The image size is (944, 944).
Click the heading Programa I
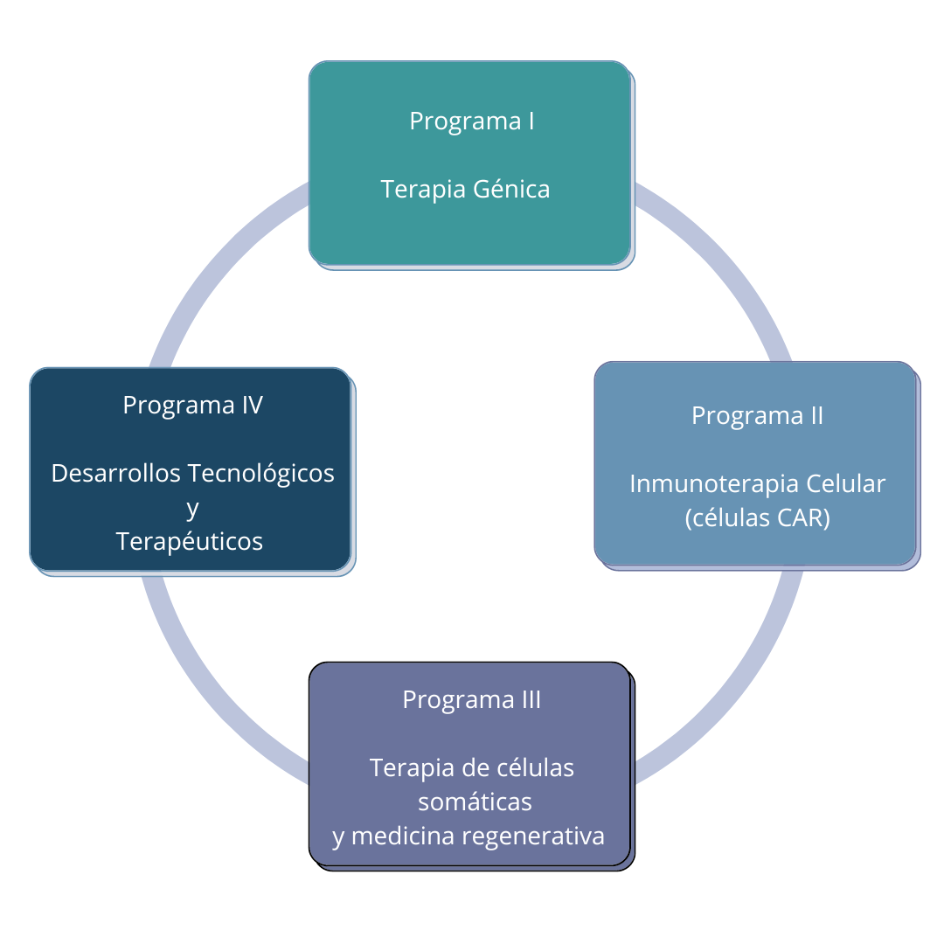coord(471,121)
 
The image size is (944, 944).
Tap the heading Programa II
coord(757,415)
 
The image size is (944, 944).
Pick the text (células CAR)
coord(757,517)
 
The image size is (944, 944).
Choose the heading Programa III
coord(471,699)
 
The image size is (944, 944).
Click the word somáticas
coord(475,801)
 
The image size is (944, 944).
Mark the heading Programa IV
coord(192,405)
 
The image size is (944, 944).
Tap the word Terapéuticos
coord(190,541)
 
